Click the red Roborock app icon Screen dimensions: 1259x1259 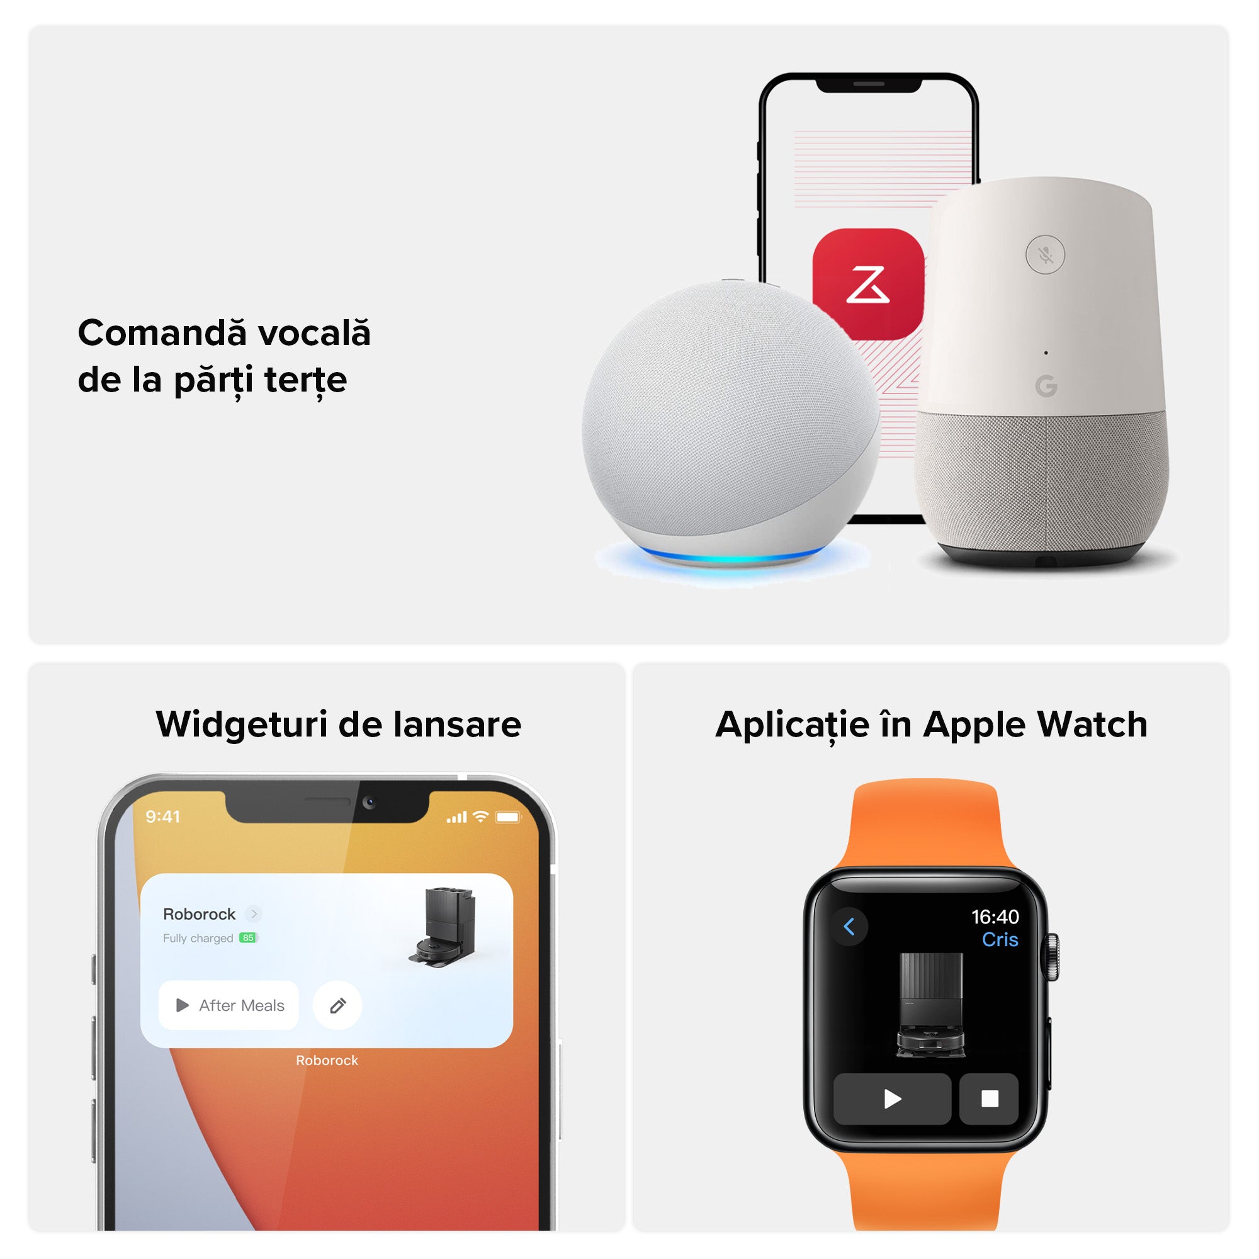[867, 283]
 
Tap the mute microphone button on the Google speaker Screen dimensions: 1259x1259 [1045, 254]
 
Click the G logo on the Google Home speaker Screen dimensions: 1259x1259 [1046, 386]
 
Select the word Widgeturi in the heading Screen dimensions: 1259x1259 [241, 725]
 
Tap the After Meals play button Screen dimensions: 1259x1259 [229, 1005]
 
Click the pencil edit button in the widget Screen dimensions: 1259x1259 [337, 1005]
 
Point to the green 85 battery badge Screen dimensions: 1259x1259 [248, 938]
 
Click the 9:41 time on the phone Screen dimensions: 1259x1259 [163, 816]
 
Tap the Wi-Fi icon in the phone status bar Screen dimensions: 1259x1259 [481, 816]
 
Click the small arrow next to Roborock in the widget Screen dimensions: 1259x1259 [254, 913]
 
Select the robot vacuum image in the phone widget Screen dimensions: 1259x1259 [443, 927]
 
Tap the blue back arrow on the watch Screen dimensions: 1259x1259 [849, 926]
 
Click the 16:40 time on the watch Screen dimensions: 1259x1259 [995, 917]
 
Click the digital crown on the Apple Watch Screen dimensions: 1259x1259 [1053, 956]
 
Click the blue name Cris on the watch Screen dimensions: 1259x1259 [1000, 940]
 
